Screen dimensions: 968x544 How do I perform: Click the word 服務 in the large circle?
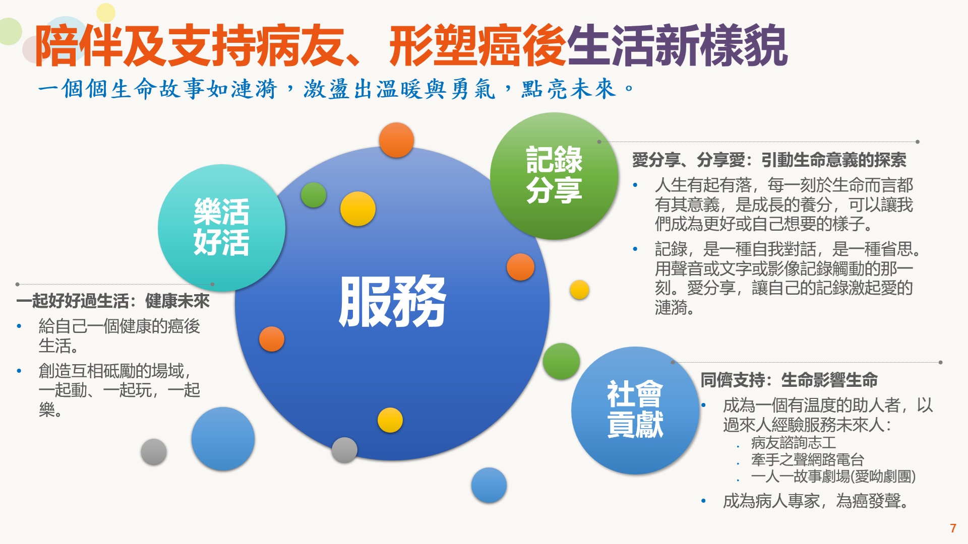click(x=392, y=301)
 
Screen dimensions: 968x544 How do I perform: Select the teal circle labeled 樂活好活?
click(x=221, y=228)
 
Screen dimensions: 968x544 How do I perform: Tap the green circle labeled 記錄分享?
click(x=554, y=176)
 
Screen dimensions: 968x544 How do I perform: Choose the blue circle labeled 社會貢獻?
click(x=635, y=410)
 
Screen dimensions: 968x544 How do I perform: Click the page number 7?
click(x=953, y=528)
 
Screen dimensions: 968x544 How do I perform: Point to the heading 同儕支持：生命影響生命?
click(x=789, y=380)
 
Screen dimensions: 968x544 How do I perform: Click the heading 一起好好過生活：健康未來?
click(x=113, y=301)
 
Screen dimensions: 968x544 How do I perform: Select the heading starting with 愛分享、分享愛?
click(x=769, y=160)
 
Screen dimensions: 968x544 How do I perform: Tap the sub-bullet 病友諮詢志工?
click(x=793, y=443)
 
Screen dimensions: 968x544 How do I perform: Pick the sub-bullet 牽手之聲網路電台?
click(x=807, y=459)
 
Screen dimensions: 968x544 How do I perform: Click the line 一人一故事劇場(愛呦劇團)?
click(x=833, y=477)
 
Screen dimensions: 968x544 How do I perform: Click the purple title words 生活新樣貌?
click(x=677, y=45)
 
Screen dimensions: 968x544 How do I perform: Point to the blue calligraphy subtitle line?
click(x=335, y=89)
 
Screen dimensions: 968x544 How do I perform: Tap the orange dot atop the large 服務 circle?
click(x=396, y=140)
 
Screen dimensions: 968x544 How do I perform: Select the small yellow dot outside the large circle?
click(x=579, y=290)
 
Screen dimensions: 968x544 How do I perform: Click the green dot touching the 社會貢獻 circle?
click(x=561, y=361)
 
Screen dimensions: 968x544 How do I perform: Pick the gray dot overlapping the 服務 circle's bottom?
click(x=344, y=450)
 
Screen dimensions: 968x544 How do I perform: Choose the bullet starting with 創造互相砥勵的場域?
click(x=119, y=390)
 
